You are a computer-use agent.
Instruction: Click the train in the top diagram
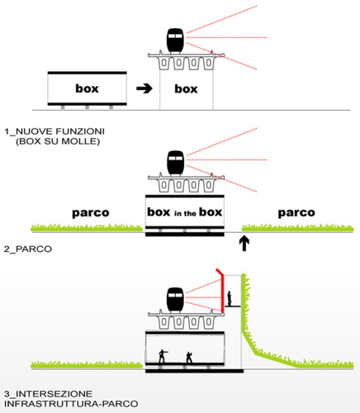click(x=175, y=40)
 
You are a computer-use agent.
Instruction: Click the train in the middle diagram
click(x=175, y=163)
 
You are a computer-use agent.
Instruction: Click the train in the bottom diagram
click(x=175, y=300)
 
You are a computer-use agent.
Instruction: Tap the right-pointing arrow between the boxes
click(x=144, y=88)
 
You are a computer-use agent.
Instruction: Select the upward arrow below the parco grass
click(x=244, y=243)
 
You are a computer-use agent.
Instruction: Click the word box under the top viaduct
click(x=186, y=88)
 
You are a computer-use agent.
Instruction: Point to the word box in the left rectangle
click(x=87, y=88)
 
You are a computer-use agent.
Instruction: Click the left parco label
click(x=91, y=213)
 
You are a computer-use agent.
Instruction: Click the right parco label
click(x=296, y=213)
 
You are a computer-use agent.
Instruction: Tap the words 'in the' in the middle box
click(x=185, y=213)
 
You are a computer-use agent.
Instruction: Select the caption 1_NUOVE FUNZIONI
click(x=54, y=131)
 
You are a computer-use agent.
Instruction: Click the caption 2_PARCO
click(x=28, y=249)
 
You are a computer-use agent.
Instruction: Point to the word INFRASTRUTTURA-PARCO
click(x=71, y=404)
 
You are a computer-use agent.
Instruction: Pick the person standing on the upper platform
click(x=230, y=298)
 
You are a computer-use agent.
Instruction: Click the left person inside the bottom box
click(x=163, y=356)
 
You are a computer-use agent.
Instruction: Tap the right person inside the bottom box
click(x=189, y=357)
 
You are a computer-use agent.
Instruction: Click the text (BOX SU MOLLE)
click(x=58, y=141)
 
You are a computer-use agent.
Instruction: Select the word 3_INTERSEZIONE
click(x=48, y=394)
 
